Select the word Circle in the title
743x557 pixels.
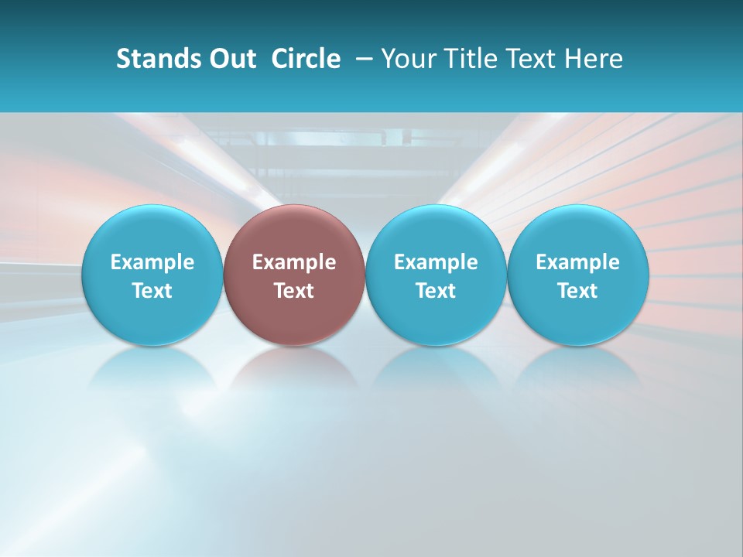306,59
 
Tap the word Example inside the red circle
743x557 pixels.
294,263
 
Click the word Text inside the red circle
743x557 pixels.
294,291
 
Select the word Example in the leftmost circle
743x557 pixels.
152,263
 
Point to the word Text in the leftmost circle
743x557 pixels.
152,291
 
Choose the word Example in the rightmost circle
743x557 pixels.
578,263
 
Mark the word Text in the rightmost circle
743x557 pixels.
578,291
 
